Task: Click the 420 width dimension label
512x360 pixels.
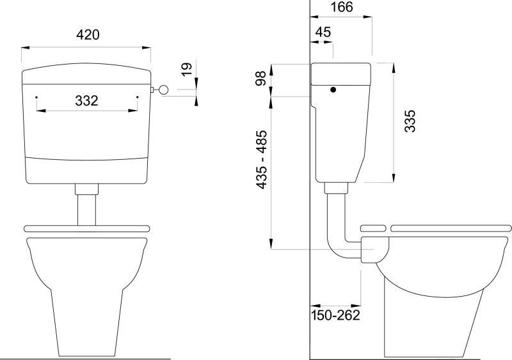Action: point(88,35)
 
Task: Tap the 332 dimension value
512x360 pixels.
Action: point(86,101)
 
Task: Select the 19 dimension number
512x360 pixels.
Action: point(187,69)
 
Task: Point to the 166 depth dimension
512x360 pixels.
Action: point(342,7)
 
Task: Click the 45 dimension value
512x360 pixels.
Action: point(323,32)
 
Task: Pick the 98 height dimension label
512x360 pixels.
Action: point(260,79)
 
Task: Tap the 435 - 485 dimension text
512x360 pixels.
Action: point(262,160)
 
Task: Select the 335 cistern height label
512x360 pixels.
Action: point(410,121)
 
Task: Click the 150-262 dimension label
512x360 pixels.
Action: point(335,315)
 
